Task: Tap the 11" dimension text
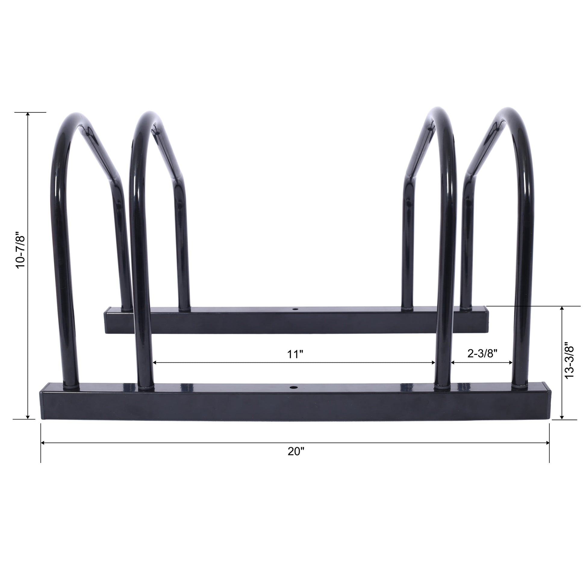point(295,354)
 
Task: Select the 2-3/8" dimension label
point(482,353)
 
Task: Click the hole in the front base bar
point(293,388)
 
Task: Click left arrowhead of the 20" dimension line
point(43,443)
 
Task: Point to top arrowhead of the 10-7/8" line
point(28,114)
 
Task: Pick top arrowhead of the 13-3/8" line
point(562,308)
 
